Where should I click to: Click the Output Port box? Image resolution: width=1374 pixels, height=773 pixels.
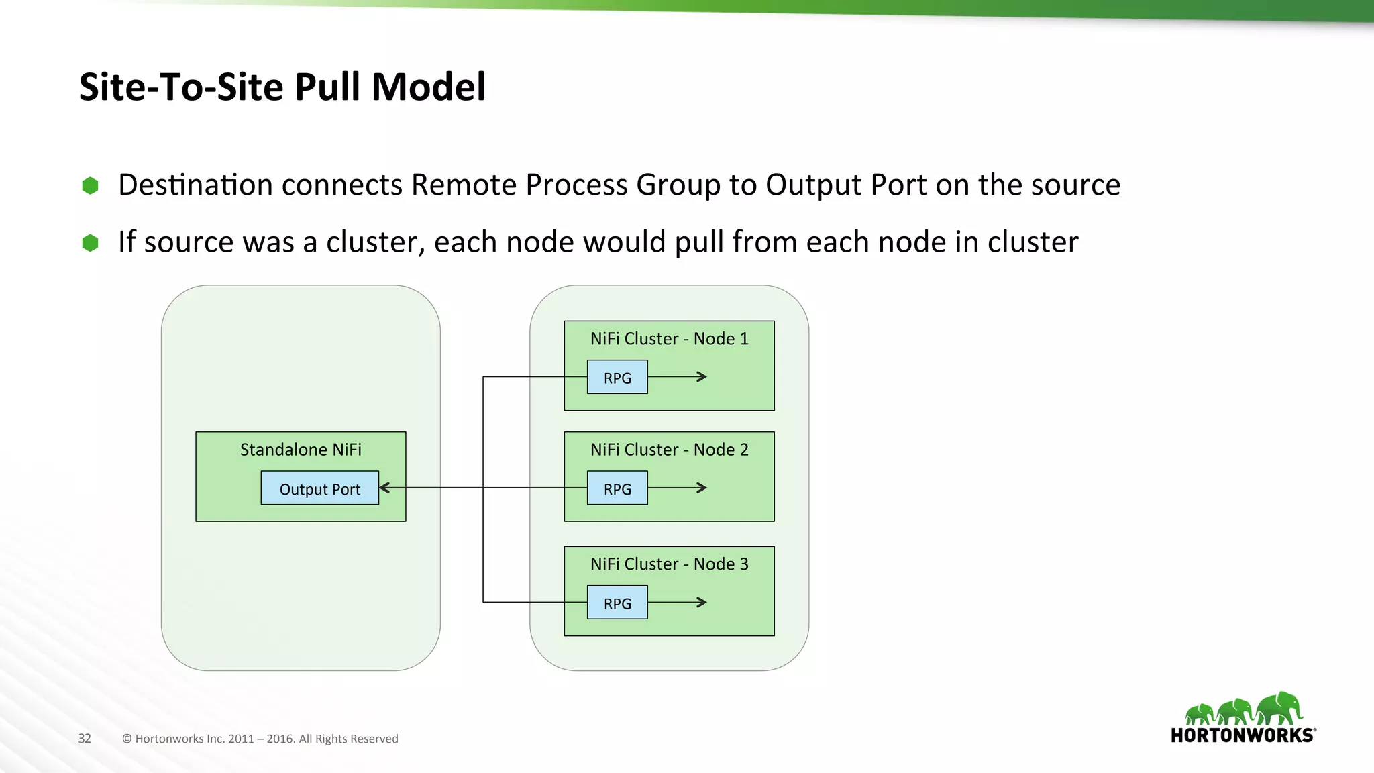319,488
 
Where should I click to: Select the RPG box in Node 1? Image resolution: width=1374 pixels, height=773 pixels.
617,377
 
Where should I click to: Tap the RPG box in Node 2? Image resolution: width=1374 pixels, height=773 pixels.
617,488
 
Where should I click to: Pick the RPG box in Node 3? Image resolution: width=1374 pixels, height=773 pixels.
617,603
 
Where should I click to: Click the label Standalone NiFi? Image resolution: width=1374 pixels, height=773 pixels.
301,450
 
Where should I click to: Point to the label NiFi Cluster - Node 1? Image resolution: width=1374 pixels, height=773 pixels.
669,339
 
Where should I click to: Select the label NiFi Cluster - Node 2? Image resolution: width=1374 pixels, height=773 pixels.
669,450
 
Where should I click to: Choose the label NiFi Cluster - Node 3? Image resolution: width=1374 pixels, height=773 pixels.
669,564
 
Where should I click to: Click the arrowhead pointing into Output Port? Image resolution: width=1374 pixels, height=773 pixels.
385,488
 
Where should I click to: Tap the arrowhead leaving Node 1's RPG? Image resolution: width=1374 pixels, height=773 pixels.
702,377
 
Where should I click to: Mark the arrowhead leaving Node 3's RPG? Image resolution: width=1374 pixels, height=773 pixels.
702,603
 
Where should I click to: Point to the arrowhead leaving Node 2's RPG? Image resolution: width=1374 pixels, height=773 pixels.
702,488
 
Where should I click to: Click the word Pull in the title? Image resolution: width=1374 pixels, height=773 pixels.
328,87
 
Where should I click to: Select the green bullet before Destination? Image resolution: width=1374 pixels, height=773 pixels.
90,186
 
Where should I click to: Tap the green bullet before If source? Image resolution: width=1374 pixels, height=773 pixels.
90,243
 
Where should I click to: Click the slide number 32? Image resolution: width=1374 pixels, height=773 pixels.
85,739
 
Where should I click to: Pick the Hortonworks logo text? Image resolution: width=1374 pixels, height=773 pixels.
1243,735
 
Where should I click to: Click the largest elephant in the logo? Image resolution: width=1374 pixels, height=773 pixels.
1280,708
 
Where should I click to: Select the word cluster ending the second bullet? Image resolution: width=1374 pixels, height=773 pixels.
1033,242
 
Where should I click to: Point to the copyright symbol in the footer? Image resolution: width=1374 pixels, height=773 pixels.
127,739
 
